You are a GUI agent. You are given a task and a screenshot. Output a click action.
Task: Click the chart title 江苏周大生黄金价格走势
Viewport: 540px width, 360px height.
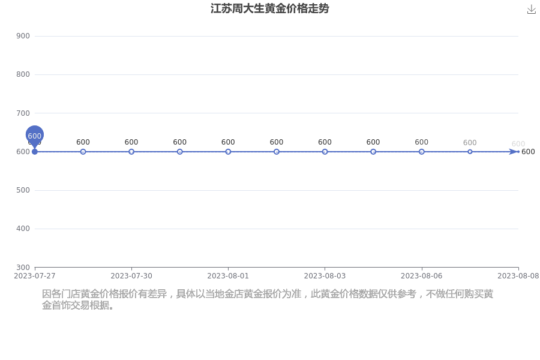tap(269, 8)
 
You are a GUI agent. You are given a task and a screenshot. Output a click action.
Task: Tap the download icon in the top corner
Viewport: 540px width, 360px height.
tap(532, 10)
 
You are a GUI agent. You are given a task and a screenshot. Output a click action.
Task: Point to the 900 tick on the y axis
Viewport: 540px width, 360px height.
tap(23, 36)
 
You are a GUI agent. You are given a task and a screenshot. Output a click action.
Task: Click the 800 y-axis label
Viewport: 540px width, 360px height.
tap(23, 74)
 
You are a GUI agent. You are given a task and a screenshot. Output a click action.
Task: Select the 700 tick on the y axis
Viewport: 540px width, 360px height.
tap(23, 113)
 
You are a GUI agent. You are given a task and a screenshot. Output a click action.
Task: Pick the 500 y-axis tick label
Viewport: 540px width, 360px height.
tap(23, 190)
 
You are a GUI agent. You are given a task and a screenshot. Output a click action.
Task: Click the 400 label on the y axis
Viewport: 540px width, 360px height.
tap(23, 229)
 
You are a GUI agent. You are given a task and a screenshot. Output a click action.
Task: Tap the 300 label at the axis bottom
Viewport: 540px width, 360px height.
tap(23, 268)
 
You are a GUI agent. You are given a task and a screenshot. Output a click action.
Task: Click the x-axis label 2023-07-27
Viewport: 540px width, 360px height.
tap(34, 276)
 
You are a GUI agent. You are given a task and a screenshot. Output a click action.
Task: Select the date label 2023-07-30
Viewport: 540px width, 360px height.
tap(131, 276)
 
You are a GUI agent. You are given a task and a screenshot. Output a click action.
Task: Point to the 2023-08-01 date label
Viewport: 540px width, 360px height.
tap(228, 276)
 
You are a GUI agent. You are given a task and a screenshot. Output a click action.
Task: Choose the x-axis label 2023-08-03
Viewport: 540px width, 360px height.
tap(325, 276)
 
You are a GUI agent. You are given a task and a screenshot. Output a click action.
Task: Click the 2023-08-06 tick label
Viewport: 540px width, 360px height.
tap(422, 276)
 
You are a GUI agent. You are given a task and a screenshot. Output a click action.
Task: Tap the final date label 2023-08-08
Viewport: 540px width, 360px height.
tap(518, 276)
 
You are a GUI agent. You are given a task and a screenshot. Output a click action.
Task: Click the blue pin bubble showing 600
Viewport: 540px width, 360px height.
tap(34, 136)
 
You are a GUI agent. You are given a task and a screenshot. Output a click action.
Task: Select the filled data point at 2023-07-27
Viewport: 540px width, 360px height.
tap(34, 152)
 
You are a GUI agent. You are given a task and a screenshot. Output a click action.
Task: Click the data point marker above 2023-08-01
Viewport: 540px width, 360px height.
tap(228, 152)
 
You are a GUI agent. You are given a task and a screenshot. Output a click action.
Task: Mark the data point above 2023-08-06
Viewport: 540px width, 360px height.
tap(422, 152)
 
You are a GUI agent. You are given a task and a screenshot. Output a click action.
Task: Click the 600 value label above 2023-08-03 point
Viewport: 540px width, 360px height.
tap(325, 142)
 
